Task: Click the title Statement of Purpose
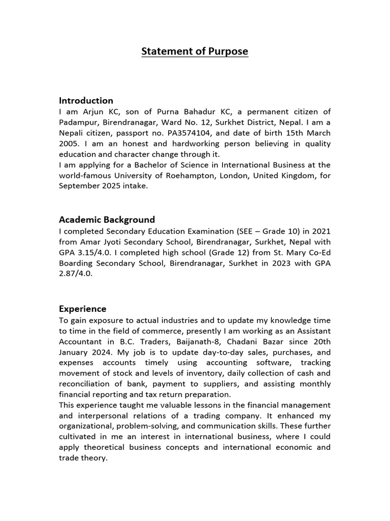click(194, 51)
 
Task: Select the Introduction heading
click(86, 100)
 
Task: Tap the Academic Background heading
click(107, 220)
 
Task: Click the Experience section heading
click(82, 309)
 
